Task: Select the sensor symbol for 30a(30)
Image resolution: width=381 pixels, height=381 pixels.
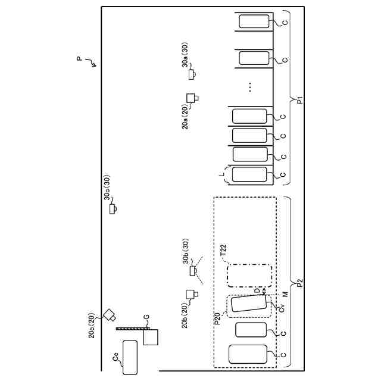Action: pos(192,75)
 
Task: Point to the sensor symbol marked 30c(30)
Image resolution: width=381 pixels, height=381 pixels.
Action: pos(113,208)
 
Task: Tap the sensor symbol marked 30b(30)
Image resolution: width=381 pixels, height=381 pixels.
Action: pos(192,271)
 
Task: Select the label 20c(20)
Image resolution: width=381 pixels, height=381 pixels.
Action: pos(92,326)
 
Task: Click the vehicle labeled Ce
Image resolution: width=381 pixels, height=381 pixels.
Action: pos(130,357)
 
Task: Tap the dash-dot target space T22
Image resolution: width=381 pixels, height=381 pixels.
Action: pos(249,277)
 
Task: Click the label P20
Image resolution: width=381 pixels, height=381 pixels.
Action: pos(217,319)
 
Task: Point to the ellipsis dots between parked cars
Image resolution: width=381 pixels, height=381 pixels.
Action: pos(251,87)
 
